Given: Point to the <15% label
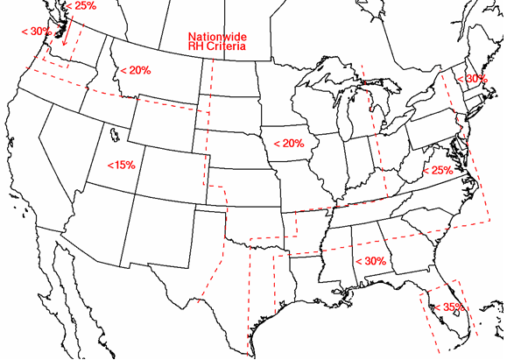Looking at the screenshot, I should point(121,165).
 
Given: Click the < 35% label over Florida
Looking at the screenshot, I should point(448,307).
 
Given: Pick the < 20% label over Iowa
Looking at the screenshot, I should point(288,143).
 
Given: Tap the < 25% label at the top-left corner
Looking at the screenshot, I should point(81,6).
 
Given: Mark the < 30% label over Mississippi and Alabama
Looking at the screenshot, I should point(370,261).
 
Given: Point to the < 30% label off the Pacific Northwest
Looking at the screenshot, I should point(35,32).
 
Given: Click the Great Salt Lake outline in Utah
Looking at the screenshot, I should point(114,135).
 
